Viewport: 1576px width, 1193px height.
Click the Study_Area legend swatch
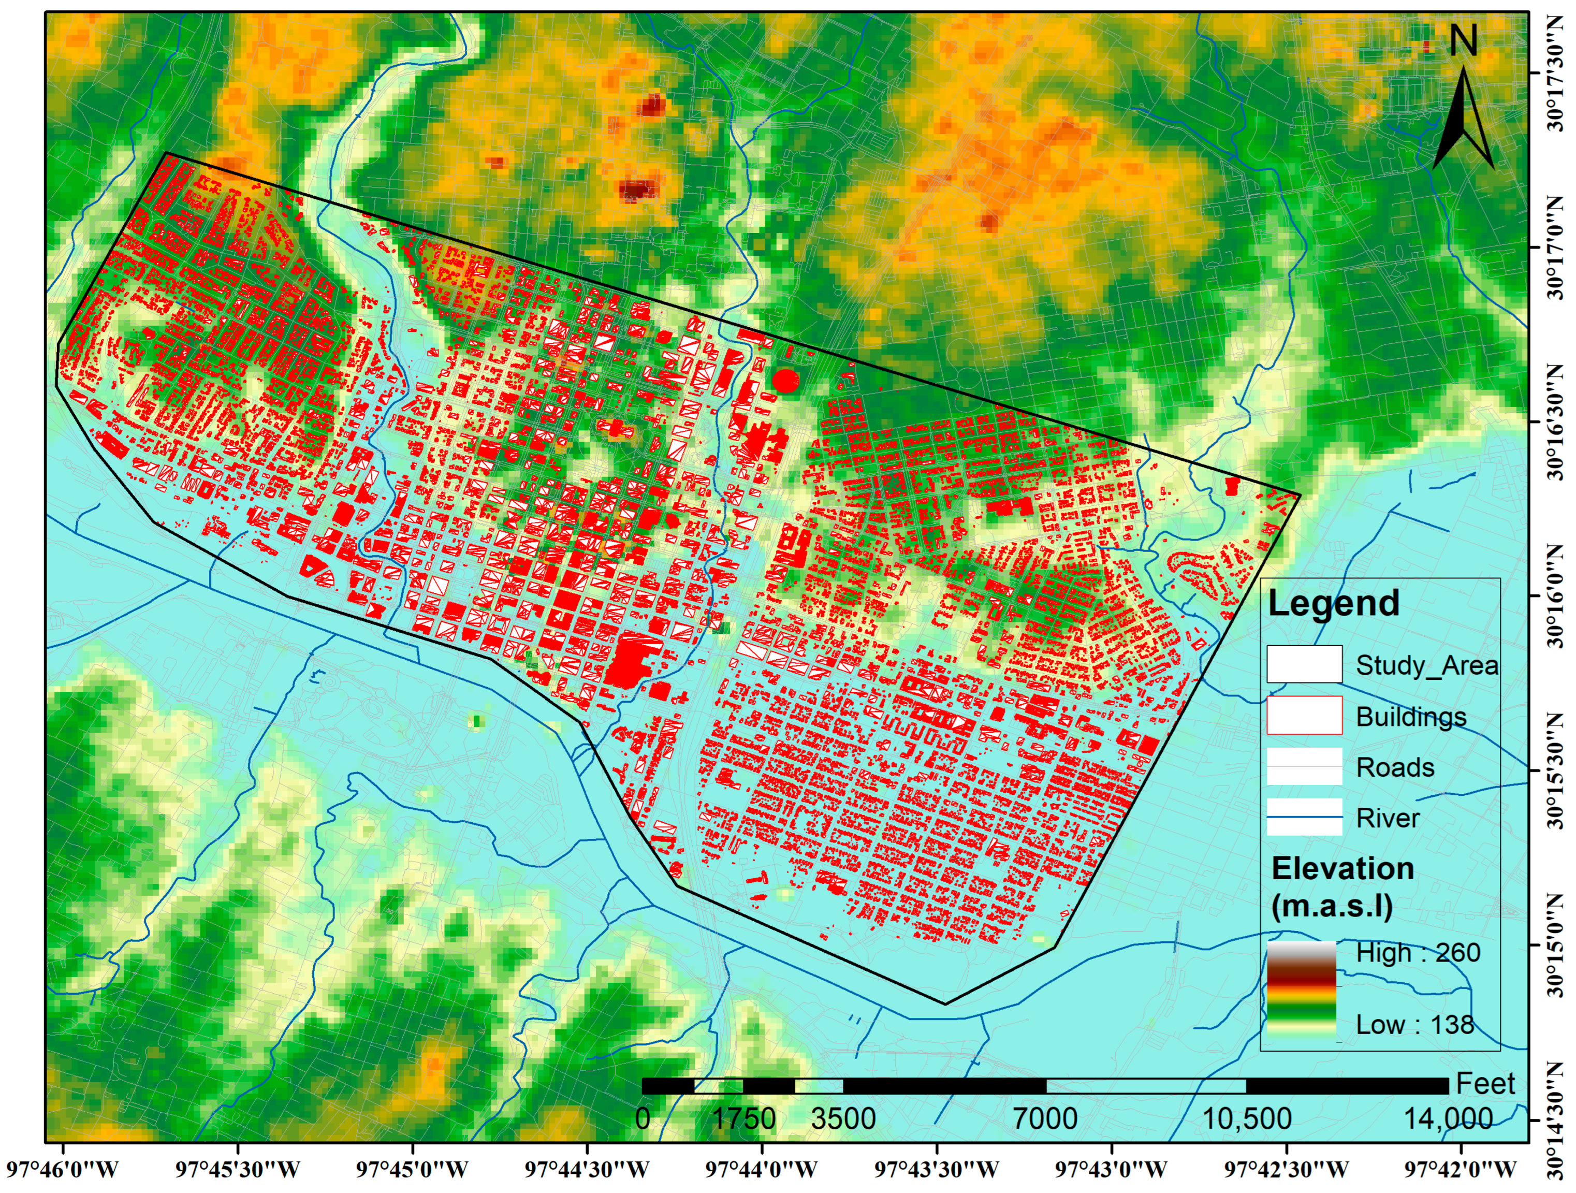[1304, 664]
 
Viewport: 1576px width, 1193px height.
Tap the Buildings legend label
[1411, 716]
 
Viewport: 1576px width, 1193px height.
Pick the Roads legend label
[1395, 767]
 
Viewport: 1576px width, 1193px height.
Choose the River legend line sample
[1304, 818]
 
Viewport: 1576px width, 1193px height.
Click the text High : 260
[1417, 953]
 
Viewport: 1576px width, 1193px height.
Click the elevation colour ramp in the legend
[1301, 991]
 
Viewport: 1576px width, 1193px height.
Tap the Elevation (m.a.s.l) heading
[1342, 886]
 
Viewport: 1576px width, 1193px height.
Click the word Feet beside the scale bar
[1485, 1084]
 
